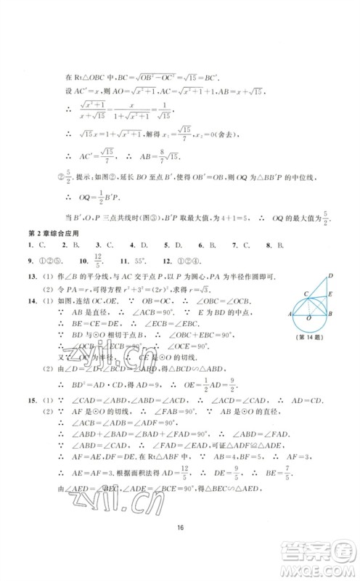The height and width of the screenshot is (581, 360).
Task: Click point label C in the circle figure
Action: pyautogui.click(x=306, y=312)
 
